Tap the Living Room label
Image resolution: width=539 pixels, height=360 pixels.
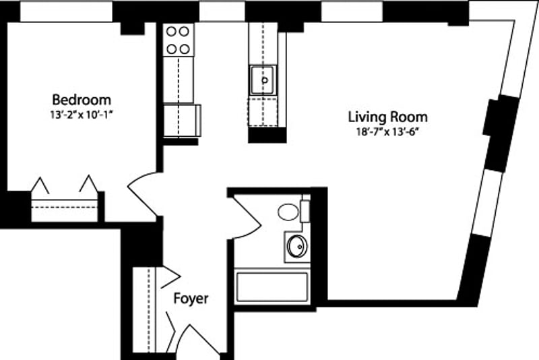(387, 117)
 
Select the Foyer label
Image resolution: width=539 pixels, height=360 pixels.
(191, 298)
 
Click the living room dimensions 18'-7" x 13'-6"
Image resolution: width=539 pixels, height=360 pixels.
(387, 131)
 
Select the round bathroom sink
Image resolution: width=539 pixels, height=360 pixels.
(296, 246)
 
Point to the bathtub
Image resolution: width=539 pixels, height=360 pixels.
(272, 288)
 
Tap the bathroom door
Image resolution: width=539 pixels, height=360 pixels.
(247, 216)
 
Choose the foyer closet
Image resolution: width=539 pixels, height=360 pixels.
(144, 310)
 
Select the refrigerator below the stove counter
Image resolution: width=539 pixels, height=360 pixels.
(182, 121)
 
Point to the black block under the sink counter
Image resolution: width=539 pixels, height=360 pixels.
(267, 135)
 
